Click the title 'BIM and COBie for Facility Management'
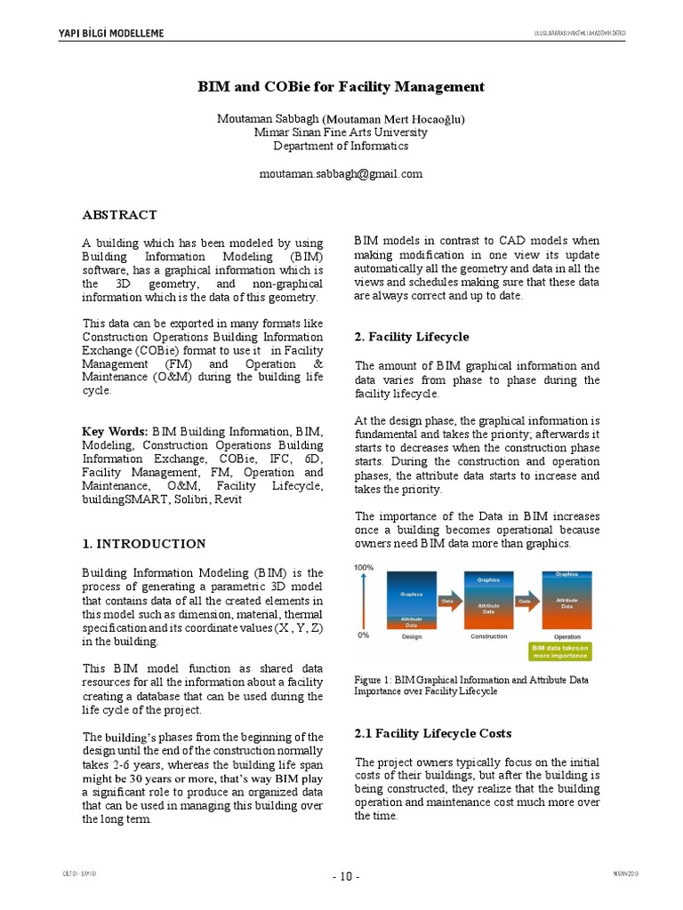click(x=341, y=86)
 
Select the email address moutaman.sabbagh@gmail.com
click(x=341, y=174)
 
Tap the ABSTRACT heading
click(x=119, y=215)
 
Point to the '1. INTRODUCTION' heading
click(x=143, y=544)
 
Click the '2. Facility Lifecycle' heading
click(x=411, y=337)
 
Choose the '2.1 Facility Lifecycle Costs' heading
click(x=433, y=733)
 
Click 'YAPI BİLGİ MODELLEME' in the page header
click(x=110, y=34)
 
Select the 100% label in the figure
click(x=364, y=567)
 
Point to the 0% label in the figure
click(x=363, y=635)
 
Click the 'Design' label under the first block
click(x=412, y=637)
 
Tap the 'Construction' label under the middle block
click(x=488, y=637)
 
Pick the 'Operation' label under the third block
click(x=566, y=637)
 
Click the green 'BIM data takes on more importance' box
click(x=560, y=652)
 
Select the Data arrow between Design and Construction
click(x=449, y=602)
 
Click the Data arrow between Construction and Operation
click(x=526, y=602)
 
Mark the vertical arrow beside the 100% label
click(x=364, y=602)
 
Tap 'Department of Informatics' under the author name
click(x=341, y=146)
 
